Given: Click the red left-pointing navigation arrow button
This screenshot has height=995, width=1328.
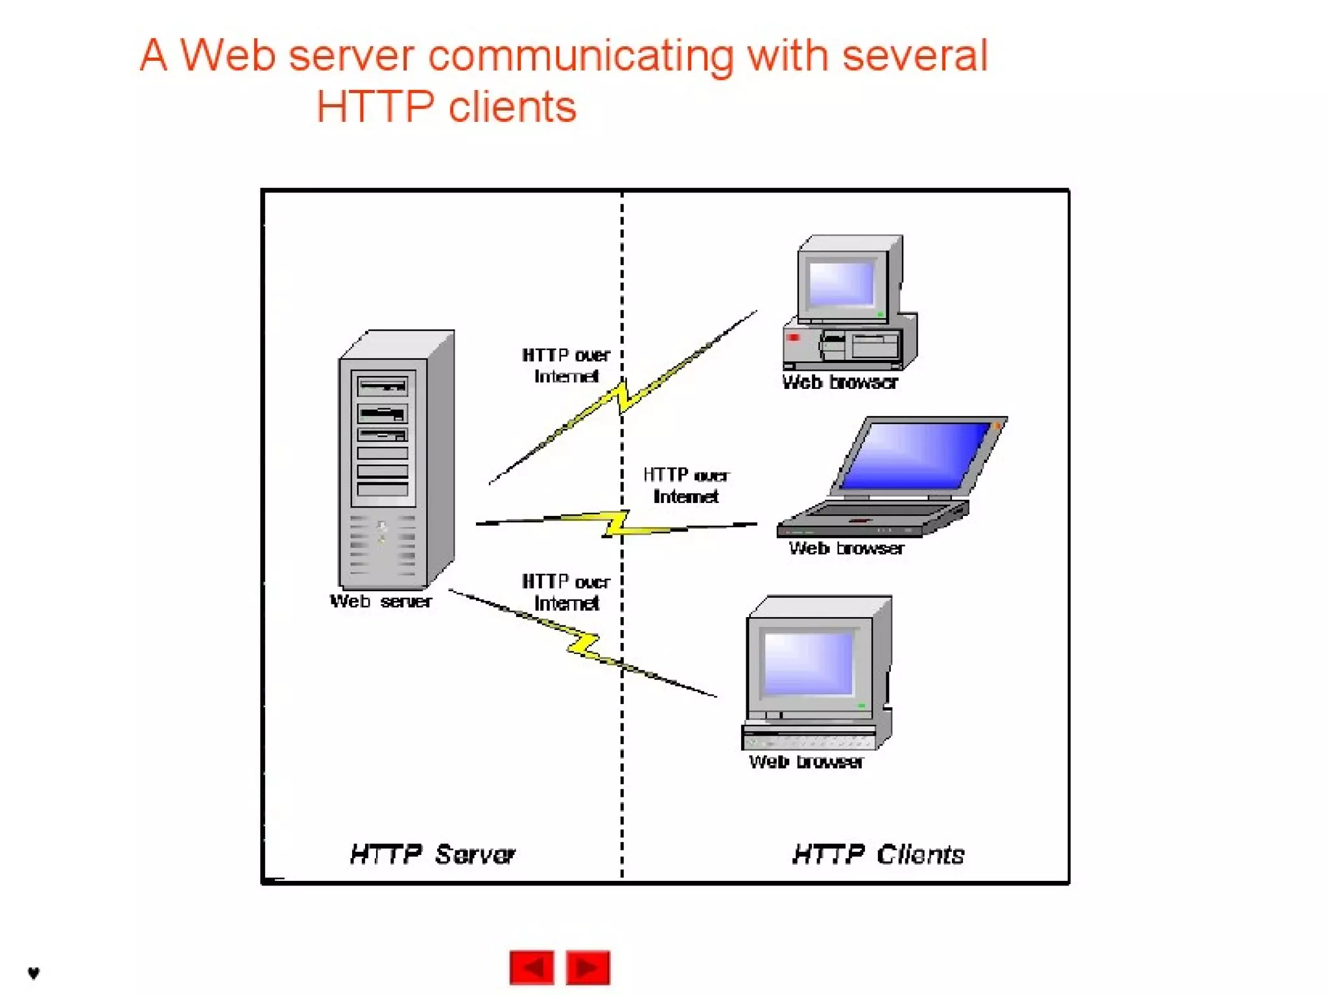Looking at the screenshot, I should pyautogui.click(x=531, y=967).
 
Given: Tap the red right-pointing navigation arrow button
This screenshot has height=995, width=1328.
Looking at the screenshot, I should pyautogui.click(x=587, y=967).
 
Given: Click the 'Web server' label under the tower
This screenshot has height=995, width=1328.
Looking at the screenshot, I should pyautogui.click(x=381, y=602).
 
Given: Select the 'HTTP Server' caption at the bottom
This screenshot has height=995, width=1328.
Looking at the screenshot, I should pyautogui.click(x=432, y=854).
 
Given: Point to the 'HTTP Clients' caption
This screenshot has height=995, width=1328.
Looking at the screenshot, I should pyautogui.click(x=878, y=854).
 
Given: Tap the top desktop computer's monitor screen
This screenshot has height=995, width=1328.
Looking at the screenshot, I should pyautogui.click(x=842, y=283).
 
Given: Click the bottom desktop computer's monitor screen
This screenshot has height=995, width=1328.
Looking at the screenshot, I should pyautogui.click(x=808, y=663).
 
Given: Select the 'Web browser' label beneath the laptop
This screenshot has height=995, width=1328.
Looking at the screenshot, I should pyautogui.click(x=846, y=548).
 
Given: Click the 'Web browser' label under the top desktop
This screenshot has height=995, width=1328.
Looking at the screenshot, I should pyautogui.click(x=840, y=382).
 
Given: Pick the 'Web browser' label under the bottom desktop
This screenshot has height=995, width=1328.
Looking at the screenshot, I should pyautogui.click(x=806, y=762).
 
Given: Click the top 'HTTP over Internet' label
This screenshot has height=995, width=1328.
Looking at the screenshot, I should pyautogui.click(x=565, y=366).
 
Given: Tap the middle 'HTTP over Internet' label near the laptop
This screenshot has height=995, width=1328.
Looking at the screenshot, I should pyautogui.click(x=686, y=486).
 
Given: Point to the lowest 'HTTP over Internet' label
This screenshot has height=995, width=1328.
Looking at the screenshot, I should pyautogui.click(x=565, y=592).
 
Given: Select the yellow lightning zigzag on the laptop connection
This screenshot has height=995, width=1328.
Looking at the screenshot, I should pyautogui.click(x=616, y=523).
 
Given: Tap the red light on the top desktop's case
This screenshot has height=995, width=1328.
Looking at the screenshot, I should pyautogui.click(x=792, y=338).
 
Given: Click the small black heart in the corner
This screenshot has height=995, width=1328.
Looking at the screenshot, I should pyautogui.click(x=34, y=972).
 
